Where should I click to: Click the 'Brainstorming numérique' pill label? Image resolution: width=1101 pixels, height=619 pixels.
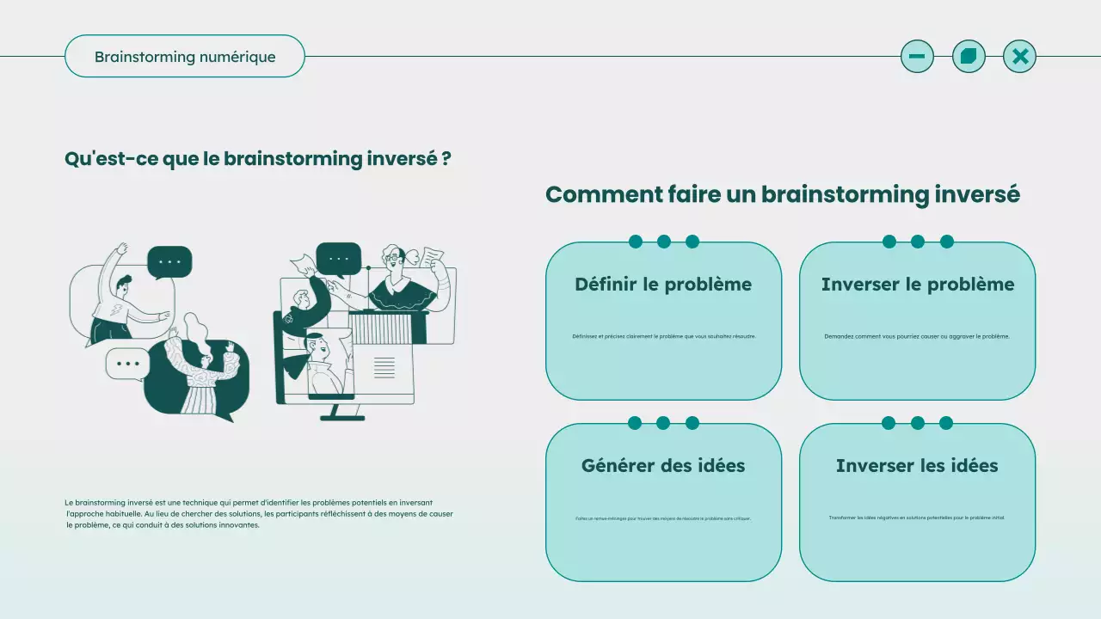coord(185,57)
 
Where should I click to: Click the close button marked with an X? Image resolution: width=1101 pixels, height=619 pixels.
coord(1020,57)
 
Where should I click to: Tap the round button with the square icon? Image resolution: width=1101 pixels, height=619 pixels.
coord(969,57)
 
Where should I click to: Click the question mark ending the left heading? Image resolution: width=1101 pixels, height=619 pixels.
coord(446,159)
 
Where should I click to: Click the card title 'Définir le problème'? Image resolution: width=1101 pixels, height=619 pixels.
coord(663,285)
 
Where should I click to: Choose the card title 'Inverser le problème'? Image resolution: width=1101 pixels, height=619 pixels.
coord(918,285)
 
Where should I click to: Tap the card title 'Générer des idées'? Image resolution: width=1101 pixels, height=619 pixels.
coord(663,466)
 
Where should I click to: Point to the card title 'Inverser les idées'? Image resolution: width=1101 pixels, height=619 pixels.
coord(917,466)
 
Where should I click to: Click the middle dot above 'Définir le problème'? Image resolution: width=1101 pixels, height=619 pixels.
coord(664,242)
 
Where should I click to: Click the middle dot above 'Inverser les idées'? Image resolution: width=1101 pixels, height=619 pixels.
coord(918,423)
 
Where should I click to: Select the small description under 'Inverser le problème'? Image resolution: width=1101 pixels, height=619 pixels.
coord(917,336)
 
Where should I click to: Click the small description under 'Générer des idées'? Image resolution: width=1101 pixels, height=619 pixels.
coord(663,518)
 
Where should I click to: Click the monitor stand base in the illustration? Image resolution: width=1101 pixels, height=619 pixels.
coord(342,418)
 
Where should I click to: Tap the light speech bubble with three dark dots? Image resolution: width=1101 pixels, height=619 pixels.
coord(127,364)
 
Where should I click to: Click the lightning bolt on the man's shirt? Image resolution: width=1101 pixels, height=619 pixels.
coord(117,310)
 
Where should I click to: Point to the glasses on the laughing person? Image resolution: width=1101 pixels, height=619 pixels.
coord(393,256)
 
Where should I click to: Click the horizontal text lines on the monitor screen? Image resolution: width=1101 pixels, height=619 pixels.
coord(384,368)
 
